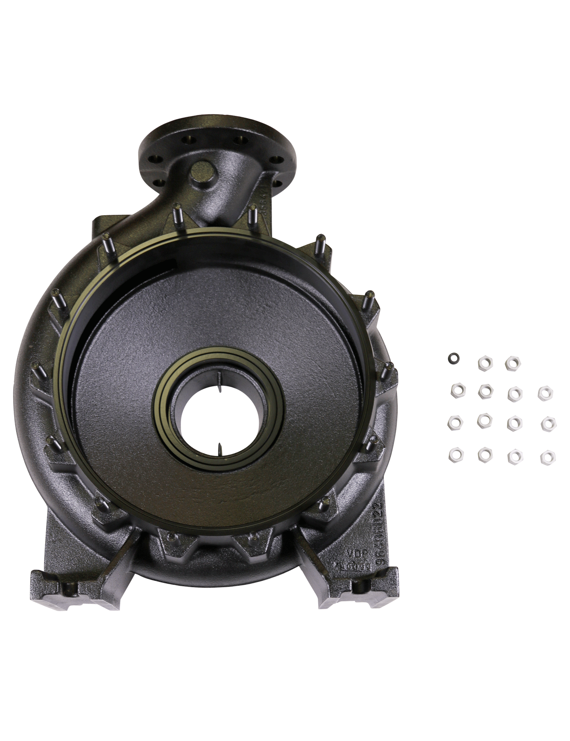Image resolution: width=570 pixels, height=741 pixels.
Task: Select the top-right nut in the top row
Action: click(x=512, y=363)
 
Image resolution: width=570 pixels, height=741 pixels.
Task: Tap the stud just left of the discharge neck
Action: click(x=177, y=215)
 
